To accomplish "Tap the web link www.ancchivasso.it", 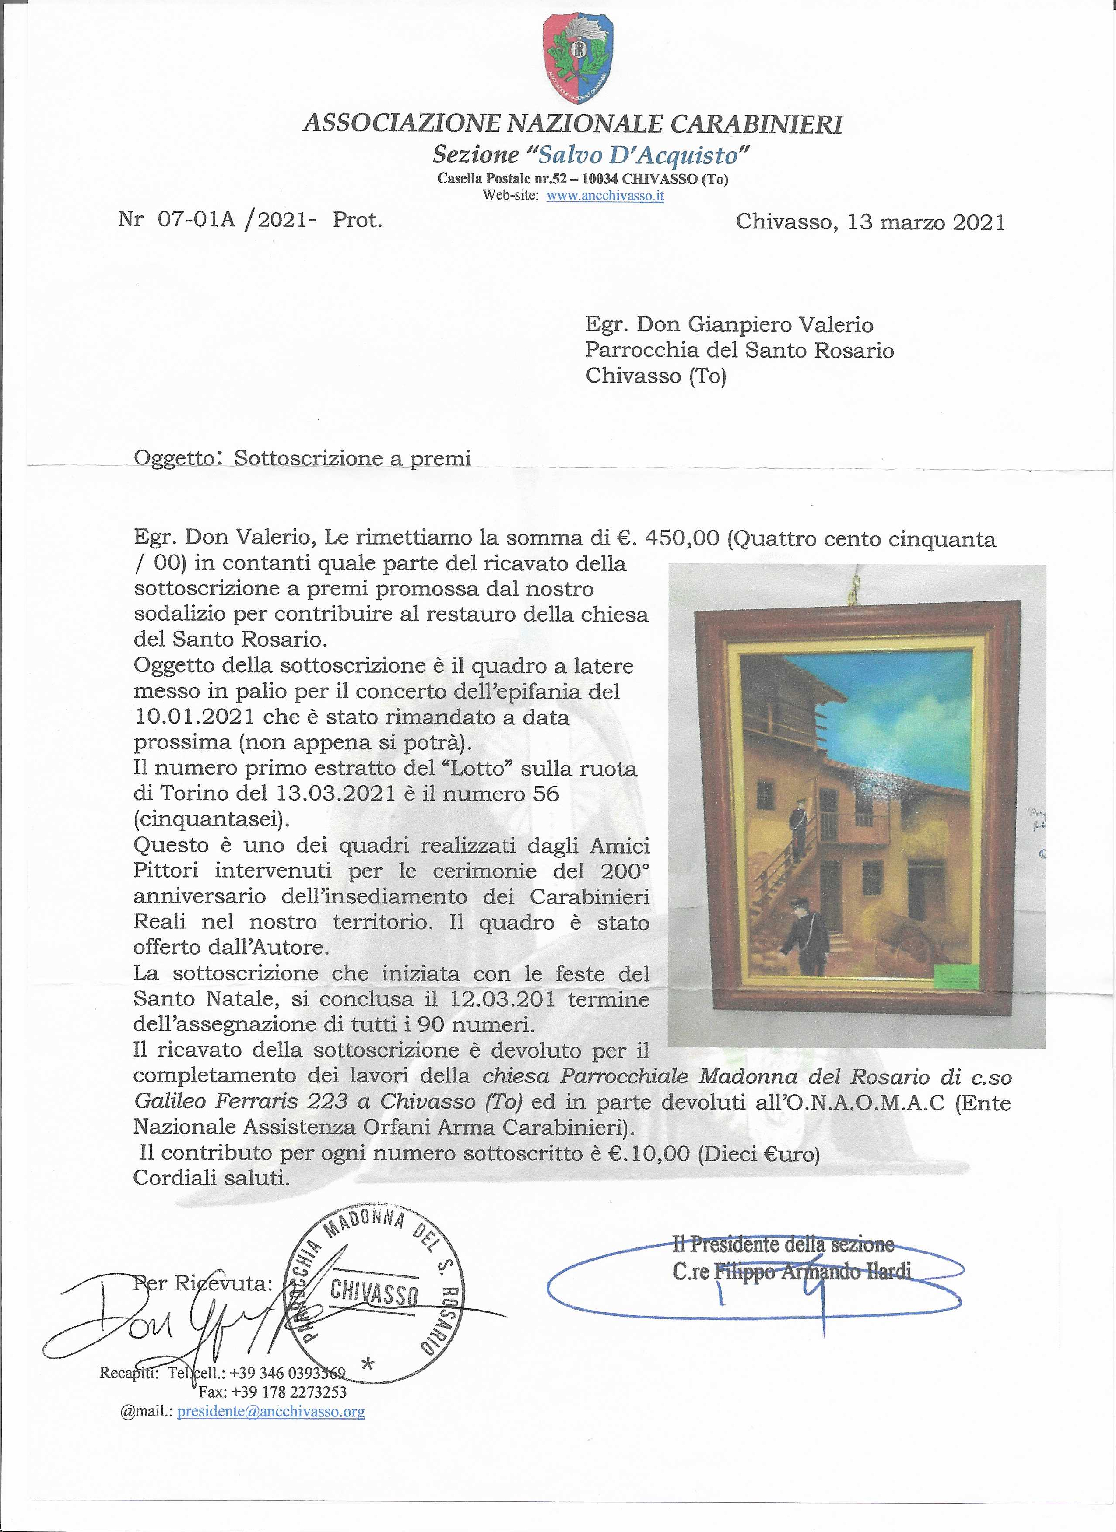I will (x=605, y=196).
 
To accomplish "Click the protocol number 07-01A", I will (x=197, y=220).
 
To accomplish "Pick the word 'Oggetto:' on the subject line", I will (x=178, y=459).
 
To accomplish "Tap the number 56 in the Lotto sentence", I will (x=545, y=794).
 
